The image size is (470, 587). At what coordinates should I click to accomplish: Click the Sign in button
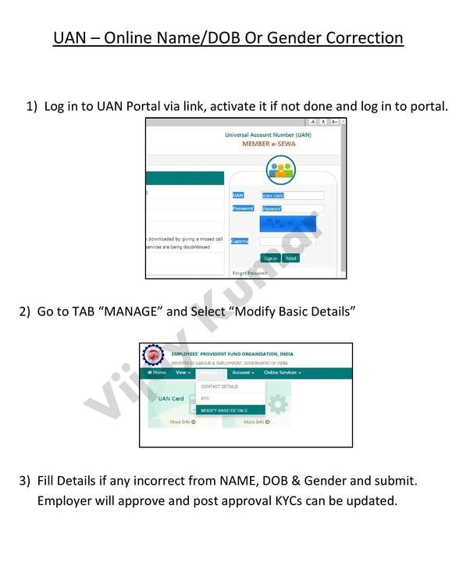pos(270,258)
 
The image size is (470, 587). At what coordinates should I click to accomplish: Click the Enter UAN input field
pos(292,195)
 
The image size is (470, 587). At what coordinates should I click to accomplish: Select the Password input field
pos(292,208)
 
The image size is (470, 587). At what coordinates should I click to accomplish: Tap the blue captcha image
pos(288,224)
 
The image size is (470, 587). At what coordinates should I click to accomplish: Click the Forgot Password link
pos(250,273)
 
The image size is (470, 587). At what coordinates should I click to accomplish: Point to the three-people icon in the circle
pos(281,169)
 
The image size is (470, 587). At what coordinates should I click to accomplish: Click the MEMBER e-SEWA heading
pos(269,144)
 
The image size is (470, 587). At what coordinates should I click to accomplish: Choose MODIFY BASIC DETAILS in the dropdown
pos(224,410)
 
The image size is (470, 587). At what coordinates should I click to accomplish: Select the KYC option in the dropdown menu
pos(206,398)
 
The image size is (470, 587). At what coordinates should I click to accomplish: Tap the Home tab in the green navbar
pos(156,373)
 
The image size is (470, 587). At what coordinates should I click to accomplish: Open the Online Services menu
pos(282,373)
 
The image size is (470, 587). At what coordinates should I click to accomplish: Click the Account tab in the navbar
pos(243,373)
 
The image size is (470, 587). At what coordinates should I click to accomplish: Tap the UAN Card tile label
pos(171,398)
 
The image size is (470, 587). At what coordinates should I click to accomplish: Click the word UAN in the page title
pos(69,37)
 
